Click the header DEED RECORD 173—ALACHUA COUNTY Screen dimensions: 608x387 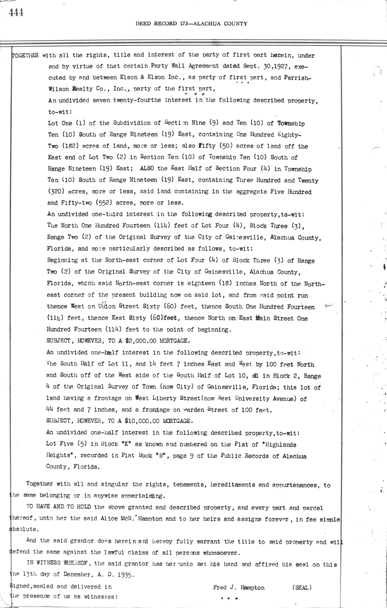tap(191, 24)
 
